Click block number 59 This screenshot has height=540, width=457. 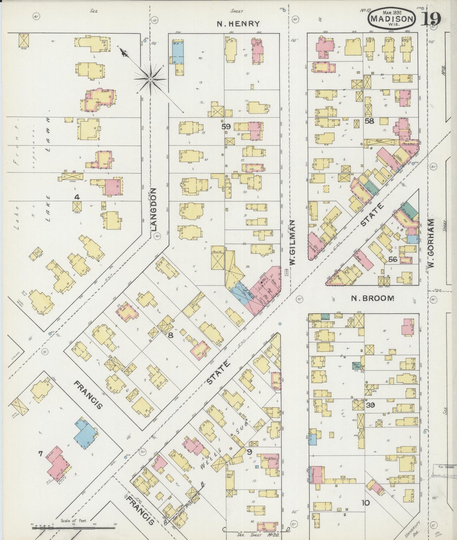(226, 127)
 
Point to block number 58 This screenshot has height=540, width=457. (369, 121)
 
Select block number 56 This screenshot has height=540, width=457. (392, 259)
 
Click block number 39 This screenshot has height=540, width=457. (370, 405)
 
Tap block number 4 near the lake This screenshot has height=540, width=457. (77, 197)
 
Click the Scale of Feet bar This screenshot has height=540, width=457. (73, 528)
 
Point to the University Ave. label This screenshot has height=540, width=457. (413, 529)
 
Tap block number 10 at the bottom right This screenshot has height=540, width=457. (365, 502)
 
